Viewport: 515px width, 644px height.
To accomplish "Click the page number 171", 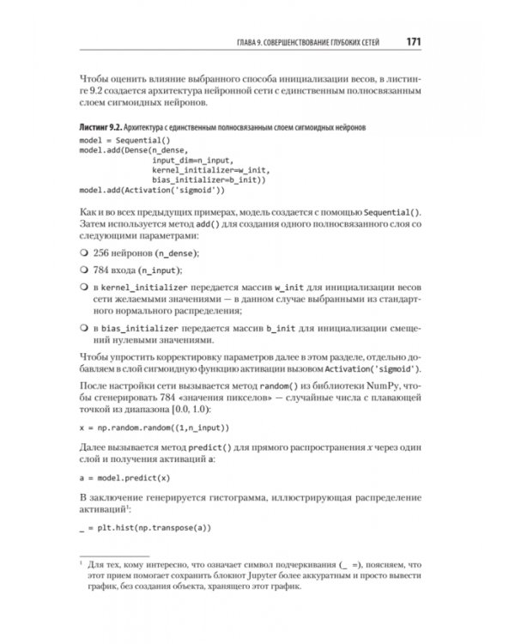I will pyautogui.click(x=408, y=40).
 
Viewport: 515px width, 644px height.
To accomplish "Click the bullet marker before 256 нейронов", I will pyautogui.click(x=83, y=253).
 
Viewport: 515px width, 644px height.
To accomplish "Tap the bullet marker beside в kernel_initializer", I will pyautogui.click(x=83, y=288).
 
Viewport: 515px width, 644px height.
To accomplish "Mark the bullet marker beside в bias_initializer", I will pyautogui.click(x=83, y=329).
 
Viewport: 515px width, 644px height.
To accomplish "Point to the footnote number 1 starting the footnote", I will pyautogui.click(x=80, y=576).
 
